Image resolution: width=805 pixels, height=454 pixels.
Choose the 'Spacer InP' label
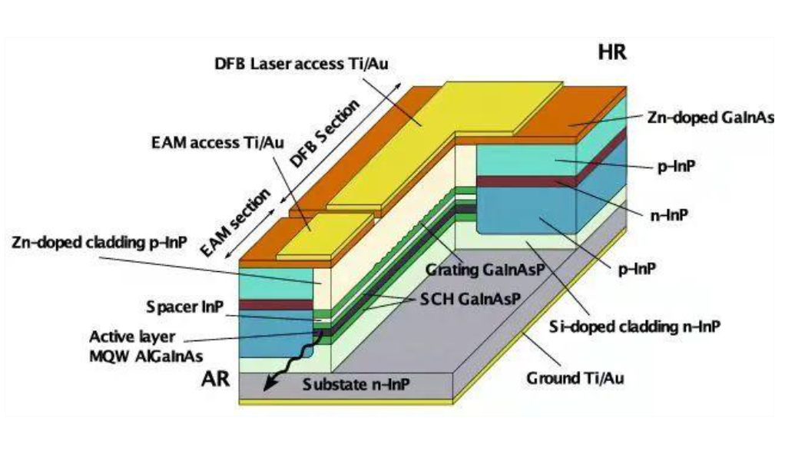(x=185, y=307)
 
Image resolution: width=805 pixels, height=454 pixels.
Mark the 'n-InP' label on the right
(x=666, y=215)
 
